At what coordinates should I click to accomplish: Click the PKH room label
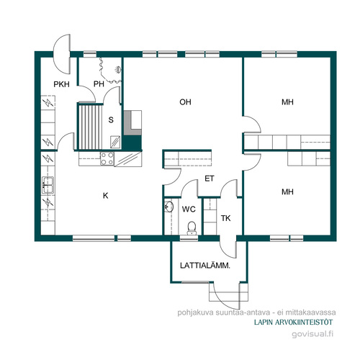point(61,84)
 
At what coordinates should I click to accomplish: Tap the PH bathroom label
point(99,84)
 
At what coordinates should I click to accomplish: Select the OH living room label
point(185,102)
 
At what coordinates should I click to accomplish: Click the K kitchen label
point(106,196)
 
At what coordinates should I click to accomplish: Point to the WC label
point(189,210)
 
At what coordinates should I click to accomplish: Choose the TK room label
point(225,218)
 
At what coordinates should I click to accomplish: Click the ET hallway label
point(210,179)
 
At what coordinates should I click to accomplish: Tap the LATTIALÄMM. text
point(205,266)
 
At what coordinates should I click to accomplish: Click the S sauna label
point(111,120)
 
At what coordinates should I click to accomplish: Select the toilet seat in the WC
point(192,228)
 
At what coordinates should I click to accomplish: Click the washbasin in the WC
point(169,207)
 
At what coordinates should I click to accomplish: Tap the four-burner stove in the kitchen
point(107,158)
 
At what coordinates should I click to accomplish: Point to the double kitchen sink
point(48,185)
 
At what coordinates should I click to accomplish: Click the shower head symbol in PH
point(118,70)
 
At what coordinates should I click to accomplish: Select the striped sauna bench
point(91,127)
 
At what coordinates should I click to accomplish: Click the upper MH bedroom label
point(287,102)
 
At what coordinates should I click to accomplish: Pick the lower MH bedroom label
point(287,192)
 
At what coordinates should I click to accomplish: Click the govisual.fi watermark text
point(312,334)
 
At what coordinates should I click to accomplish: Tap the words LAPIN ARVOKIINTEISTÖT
point(293,323)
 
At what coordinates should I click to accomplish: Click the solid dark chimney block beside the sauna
point(132,143)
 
